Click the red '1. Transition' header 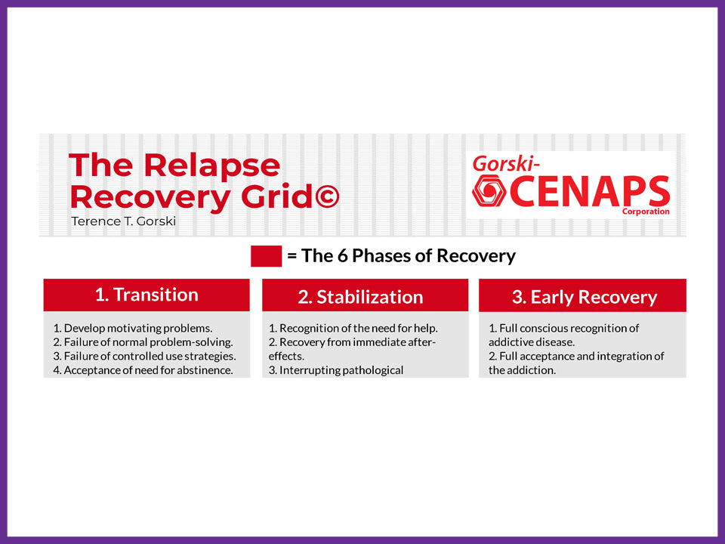[147, 295]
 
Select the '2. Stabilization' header [360, 297]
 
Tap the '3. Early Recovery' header [584, 297]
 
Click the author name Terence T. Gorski [123, 222]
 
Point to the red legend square [266, 256]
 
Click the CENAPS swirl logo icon [489, 192]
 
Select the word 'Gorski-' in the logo [506, 162]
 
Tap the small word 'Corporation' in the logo [646, 212]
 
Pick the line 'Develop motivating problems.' [133, 328]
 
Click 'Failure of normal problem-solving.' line [143, 342]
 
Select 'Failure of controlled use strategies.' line [144, 356]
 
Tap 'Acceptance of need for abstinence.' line [143, 370]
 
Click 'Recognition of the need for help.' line [353, 328]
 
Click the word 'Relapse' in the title [211, 165]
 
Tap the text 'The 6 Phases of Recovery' [408, 256]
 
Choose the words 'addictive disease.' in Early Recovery [532, 342]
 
